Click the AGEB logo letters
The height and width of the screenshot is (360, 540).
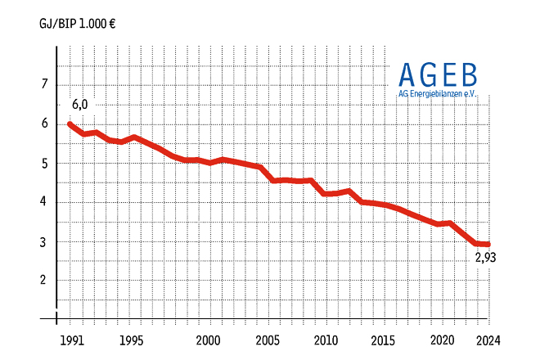click(438, 75)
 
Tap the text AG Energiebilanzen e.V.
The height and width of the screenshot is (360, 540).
click(438, 94)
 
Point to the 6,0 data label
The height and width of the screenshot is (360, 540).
click(79, 105)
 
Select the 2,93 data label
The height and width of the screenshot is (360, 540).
click(485, 258)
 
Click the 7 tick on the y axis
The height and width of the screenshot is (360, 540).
click(44, 84)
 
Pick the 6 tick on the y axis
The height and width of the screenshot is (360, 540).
click(44, 124)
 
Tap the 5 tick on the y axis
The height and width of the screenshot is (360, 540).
click(44, 163)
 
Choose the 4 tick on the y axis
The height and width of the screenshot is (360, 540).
click(44, 202)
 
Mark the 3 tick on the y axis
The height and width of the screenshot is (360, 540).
click(44, 241)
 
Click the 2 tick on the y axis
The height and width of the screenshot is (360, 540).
click(44, 280)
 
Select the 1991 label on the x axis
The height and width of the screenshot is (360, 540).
click(70, 340)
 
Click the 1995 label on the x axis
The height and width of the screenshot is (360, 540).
click(129, 340)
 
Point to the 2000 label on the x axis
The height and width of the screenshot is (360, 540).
click(209, 340)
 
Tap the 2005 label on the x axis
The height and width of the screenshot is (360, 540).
click(268, 340)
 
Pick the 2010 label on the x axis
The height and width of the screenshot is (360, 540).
click(326, 340)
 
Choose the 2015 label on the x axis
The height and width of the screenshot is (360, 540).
click(384, 340)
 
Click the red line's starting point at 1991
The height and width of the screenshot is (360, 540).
click(70, 124)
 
